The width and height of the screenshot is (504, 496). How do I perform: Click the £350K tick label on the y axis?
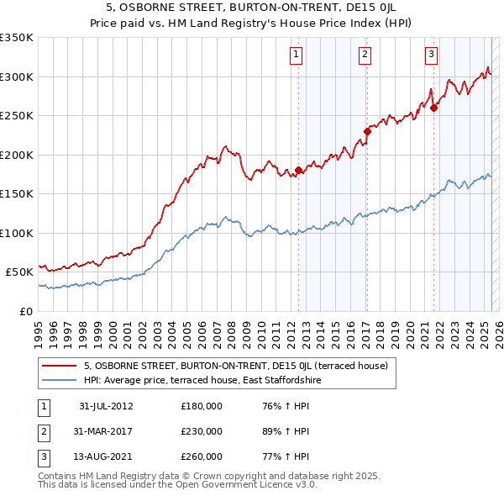(x=17, y=38)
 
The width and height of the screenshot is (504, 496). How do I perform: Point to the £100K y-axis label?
(x=17, y=233)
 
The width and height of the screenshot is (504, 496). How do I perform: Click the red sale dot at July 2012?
(x=298, y=171)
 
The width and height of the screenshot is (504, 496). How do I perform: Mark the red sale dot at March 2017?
(x=367, y=131)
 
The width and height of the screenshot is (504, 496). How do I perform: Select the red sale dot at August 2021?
(x=433, y=108)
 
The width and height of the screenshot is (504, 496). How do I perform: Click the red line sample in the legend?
(x=59, y=367)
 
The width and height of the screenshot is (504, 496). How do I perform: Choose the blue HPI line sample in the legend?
(x=59, y=380)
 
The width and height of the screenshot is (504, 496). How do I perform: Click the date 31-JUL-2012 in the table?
(x=106, y=406)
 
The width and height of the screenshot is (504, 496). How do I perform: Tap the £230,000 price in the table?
(x=202, y=431)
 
